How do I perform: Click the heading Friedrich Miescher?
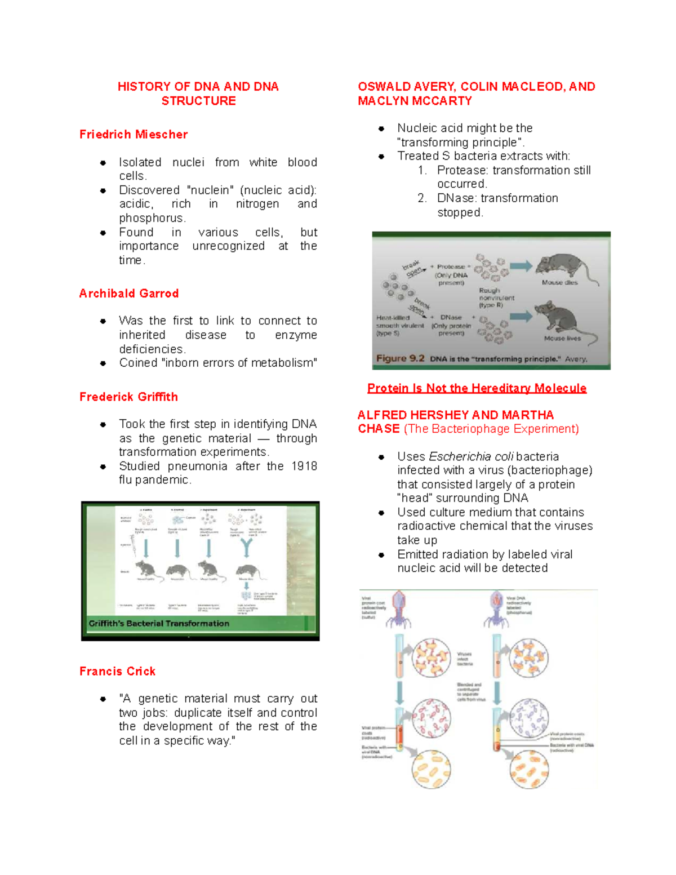point(134,135)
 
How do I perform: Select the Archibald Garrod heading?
point(129,294)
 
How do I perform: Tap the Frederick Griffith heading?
point(128,397)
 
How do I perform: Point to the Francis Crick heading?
point(117,672)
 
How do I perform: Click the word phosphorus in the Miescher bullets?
point(152,218)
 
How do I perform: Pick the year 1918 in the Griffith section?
point(304,467)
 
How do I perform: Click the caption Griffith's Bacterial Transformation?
point(159,624)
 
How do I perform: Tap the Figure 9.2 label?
point(400,359)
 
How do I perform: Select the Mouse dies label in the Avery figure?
point(559,283)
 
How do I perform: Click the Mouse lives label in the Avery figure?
point(562,339)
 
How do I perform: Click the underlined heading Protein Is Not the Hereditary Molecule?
point(477,388)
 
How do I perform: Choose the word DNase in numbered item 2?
point(457,198)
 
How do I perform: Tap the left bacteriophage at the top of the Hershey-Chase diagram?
point(399,608)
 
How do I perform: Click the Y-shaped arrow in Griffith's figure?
point(246,547)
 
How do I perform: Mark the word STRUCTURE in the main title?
point(198,101)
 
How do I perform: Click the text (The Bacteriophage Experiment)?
point(491,429)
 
